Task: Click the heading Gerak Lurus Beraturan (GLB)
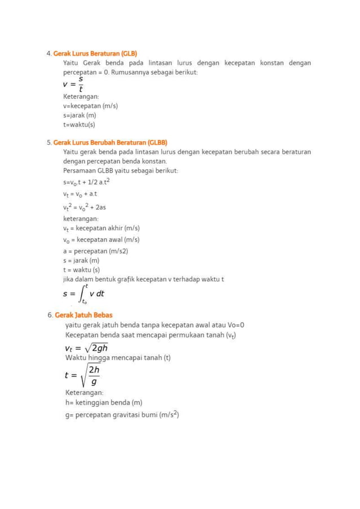click(x=95, y=53)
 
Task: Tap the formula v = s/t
click(x=74, y=84)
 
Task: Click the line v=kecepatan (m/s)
click(x=90, y=106)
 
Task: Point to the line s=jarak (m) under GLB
click(x=80, y=115)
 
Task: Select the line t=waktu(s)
click(x=79, y=124)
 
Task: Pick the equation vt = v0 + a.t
click(x=80, y=194)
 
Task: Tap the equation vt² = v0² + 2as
click(x=85, y=207)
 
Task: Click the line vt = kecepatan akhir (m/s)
click(x=101, y=229)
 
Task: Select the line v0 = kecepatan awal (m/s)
click(x=101, y=240)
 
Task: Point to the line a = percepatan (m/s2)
click(x=95, y=251)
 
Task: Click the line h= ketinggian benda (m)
click(x=104, y=403)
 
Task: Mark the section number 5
click(x=49, y=142)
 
